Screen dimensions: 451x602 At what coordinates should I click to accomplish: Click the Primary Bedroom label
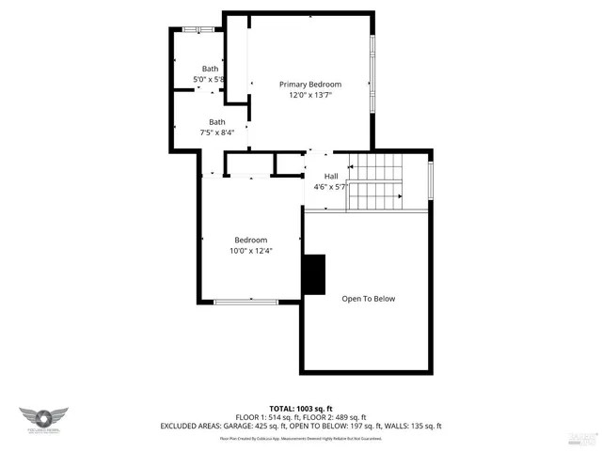click(309, 85)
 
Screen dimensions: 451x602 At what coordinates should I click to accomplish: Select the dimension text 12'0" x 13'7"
click(309, 95)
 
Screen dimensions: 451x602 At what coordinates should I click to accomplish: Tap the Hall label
click(331, 177)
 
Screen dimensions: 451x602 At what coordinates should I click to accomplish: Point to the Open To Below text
click(368, 299)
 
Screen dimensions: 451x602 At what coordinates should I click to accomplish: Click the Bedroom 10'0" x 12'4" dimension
click(250, 251)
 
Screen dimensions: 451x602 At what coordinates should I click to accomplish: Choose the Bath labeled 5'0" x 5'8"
click(210, 80)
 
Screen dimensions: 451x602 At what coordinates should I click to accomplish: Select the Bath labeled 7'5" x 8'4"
click(217, 132)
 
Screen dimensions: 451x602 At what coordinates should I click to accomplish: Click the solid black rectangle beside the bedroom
click(313, 274)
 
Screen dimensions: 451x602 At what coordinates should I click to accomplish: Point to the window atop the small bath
click(198, 30)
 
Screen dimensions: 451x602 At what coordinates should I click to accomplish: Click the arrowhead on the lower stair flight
click(400, 196)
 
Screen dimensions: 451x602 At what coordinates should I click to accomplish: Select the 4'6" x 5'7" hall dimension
click(331, 187)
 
